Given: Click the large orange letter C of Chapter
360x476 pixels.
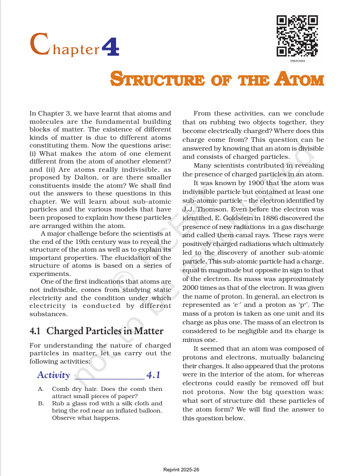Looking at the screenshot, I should [40, 45].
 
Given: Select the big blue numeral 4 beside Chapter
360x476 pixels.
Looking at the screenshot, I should [111, 46].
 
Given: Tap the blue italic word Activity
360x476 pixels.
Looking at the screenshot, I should [53, 375].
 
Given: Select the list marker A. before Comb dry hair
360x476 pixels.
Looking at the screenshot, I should [40, 389].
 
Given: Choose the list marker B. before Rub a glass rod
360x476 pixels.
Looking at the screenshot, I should [40, 403].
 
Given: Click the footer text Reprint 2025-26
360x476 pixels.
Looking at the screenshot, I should [181, 470].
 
